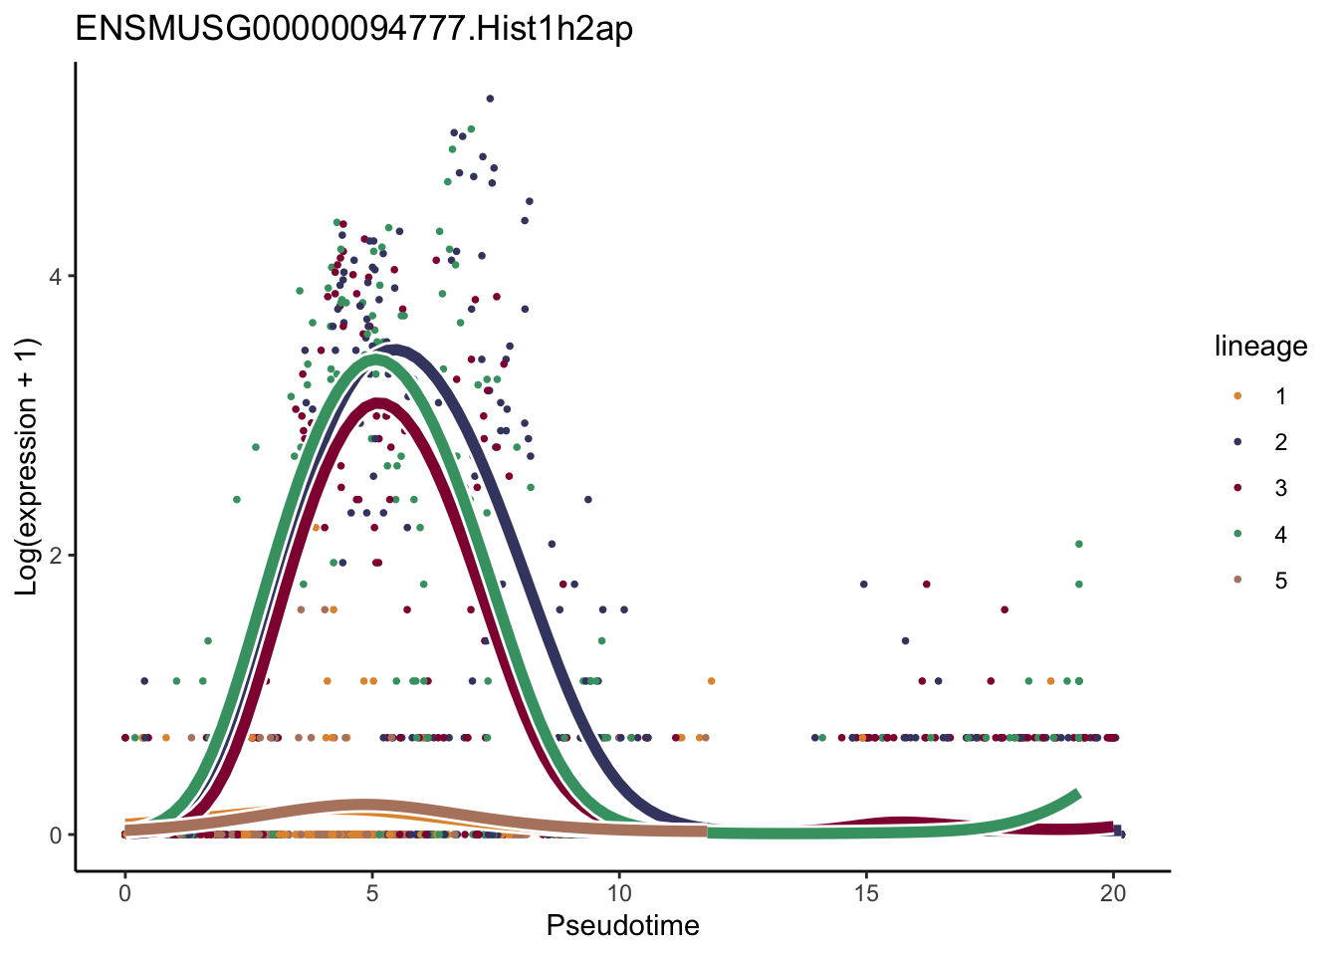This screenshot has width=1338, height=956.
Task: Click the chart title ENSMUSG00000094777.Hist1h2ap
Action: click(x=353, y=30)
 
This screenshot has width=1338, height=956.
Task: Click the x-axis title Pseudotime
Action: click(x=622, y=926)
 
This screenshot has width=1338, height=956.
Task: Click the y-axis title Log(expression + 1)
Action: click(x=27, y=467)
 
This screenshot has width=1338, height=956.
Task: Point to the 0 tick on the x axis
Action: click(x=124, y=894)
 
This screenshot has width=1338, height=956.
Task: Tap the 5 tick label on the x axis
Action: click(x=371, y=894)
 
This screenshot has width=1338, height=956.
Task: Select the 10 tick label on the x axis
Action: click(x=619, y=894)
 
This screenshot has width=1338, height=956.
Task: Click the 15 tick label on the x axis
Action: click(x=866, y=894)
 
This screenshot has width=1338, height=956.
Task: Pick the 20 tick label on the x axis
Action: click(x=1113, y=894)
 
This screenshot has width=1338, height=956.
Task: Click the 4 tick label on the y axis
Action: click(x=57, y=276)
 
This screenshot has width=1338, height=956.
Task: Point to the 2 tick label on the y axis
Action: click(x=57, y=556)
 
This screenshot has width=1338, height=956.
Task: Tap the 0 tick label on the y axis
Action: click(x=57, y=836)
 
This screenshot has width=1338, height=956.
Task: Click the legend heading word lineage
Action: click(x=1260, y=347)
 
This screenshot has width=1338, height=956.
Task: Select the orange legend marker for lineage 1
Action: click(x=1237, y=396)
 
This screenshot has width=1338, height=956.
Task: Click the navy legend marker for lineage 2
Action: click(x=1237, y=442)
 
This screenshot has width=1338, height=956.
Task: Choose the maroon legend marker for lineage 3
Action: click(x=1237, y=488)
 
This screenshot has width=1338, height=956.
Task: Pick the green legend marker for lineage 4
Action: click(x=1237, y=534)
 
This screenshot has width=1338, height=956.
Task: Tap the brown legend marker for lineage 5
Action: click(x=1237, y=580)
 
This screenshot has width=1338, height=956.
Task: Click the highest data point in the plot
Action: click(x=490, y=99)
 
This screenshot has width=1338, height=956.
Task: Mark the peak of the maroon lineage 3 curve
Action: click(x=378, y=402)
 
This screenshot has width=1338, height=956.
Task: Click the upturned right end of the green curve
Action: click(x=1077, y=794)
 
